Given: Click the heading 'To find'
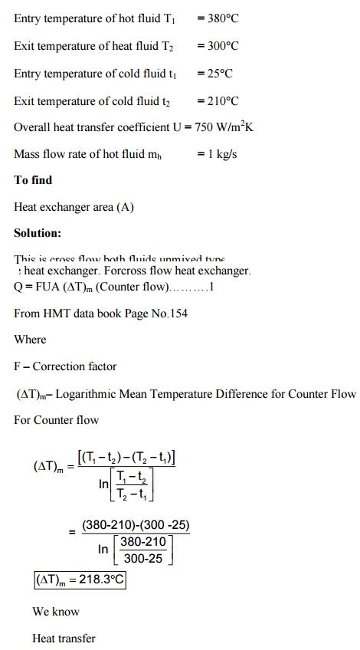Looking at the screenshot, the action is (x=33, y=180).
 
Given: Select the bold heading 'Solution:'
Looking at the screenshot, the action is (x=38, y=232).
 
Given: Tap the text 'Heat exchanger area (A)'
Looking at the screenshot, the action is (x=74, y=207).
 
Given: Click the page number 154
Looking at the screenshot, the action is (x=178, y=313).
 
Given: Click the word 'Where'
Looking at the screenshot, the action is (x=30, y=340).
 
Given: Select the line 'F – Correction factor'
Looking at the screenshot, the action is (x=65, y=366).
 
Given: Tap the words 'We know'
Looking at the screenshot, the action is (x=56, y=612).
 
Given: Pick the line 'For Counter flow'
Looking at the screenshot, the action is (x=57, y=420).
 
